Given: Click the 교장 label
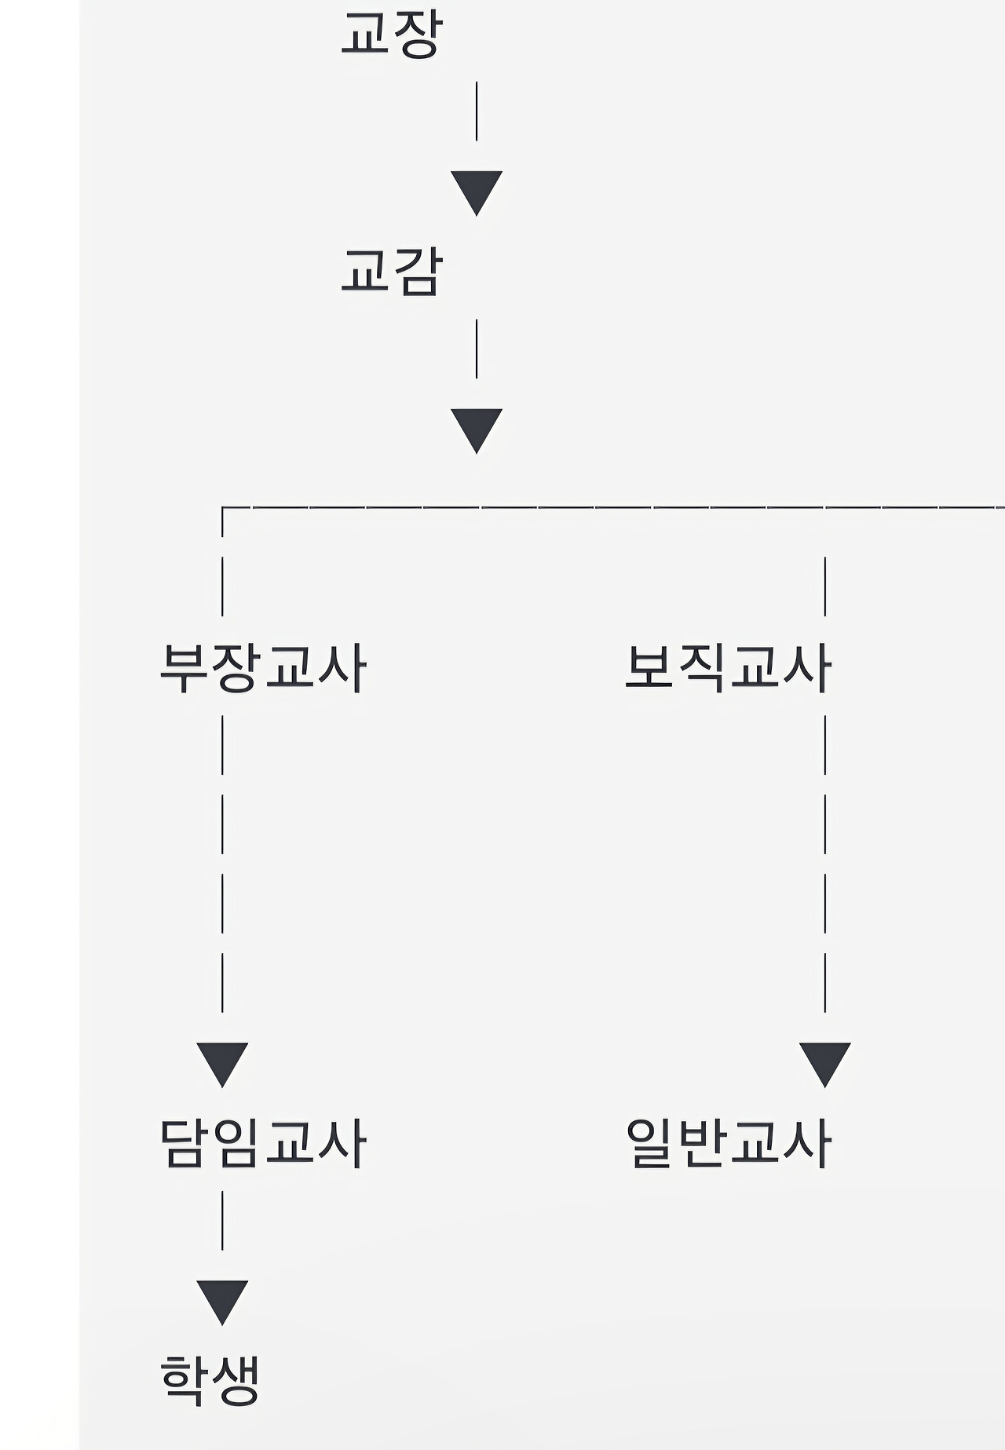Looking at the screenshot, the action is click(x=392, y=34).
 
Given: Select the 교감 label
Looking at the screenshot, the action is click(x=392, y=272).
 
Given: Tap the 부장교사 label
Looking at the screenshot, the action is click(x=262, y=668).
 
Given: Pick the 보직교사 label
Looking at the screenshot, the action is click(x=727, y=668).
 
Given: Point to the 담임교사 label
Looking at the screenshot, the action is click(x=262, y=1143).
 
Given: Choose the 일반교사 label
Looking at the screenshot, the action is click(x=727, y=1143).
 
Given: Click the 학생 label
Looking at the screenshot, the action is click(x=209, y=1379).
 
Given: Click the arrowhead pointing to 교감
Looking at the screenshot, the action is click(x=477, y=192).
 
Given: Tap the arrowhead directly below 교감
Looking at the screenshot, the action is click(x=477, y=429).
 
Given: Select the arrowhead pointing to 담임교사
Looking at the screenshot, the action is click(x=222, y=1063).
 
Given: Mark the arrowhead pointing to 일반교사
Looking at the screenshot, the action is click(x=824, y=1063).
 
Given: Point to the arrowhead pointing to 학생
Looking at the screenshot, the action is click(x=222, y=1301).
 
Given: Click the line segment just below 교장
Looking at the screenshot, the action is click(x=477, y=111).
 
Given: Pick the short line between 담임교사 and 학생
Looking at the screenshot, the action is click(x=222, y=1220).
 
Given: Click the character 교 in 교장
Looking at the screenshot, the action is click(x=366, y=34).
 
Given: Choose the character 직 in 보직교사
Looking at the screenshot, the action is click(x=701, y=668).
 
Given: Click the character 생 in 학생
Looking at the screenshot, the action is click(x=235, y=1379).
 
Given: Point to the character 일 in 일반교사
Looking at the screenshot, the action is click(x=650, y=1143).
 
